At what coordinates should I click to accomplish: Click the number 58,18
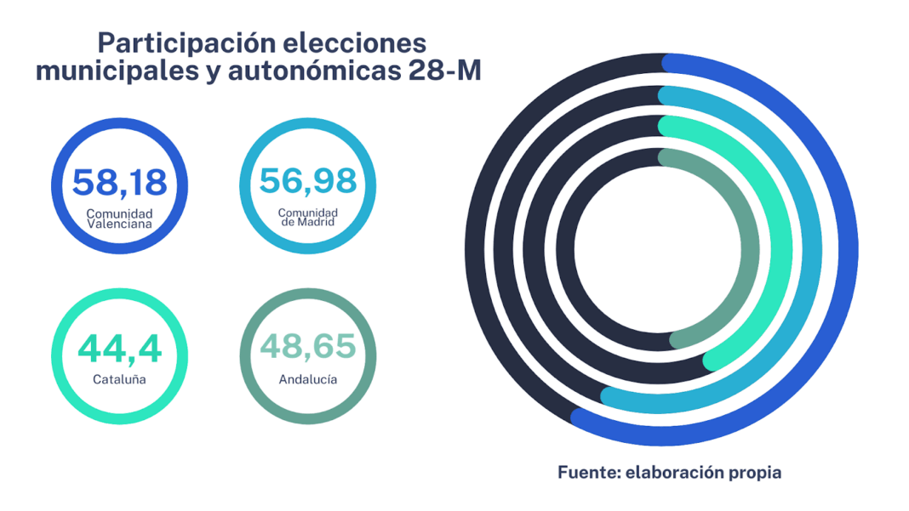tap(119, 181)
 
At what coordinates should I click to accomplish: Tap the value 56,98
tap(307, 180)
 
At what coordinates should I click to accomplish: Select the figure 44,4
tap(119, 349)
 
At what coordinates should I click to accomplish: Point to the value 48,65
tap(307, 348)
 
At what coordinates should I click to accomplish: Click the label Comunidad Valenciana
tap(119, 219)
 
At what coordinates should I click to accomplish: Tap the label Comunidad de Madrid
tap(307, 217)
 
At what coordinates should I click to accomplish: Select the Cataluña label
tap(119, 379)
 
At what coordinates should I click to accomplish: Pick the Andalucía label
tap(307, 379)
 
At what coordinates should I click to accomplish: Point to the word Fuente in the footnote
tap(587, 472)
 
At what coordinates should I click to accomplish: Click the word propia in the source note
tap(752, 472)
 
